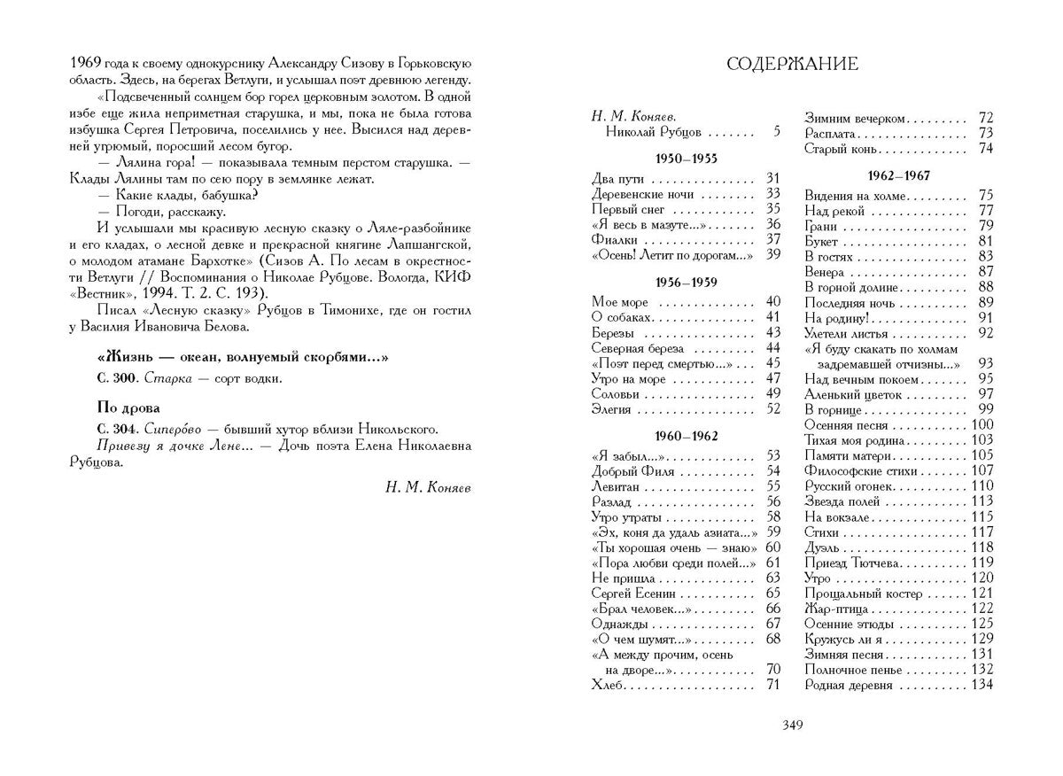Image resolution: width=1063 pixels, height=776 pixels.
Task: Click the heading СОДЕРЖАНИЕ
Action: click(x=792, y=64)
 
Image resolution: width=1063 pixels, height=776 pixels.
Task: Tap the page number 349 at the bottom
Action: click(x=792, y=726)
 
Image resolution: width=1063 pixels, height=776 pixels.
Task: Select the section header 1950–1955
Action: click(x=686, y=159)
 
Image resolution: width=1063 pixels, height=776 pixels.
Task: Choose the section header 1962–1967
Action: click(x=898, y=175)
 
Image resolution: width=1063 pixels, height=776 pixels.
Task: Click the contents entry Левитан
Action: click(x=616, y=485)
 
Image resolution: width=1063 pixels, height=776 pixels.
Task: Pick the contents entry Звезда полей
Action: click(x=842, y=501)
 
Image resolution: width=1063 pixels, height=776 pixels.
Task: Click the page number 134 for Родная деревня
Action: click(x=982, y=684)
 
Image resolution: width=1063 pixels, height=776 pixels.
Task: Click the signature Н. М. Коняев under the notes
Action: click(x=429, y=486)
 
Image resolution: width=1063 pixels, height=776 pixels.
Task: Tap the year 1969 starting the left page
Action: click(x=85, y=63)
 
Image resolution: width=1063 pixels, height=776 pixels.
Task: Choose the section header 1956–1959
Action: click(x=686, y=283)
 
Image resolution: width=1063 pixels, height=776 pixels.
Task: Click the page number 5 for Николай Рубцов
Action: click(x=776, y=132)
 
